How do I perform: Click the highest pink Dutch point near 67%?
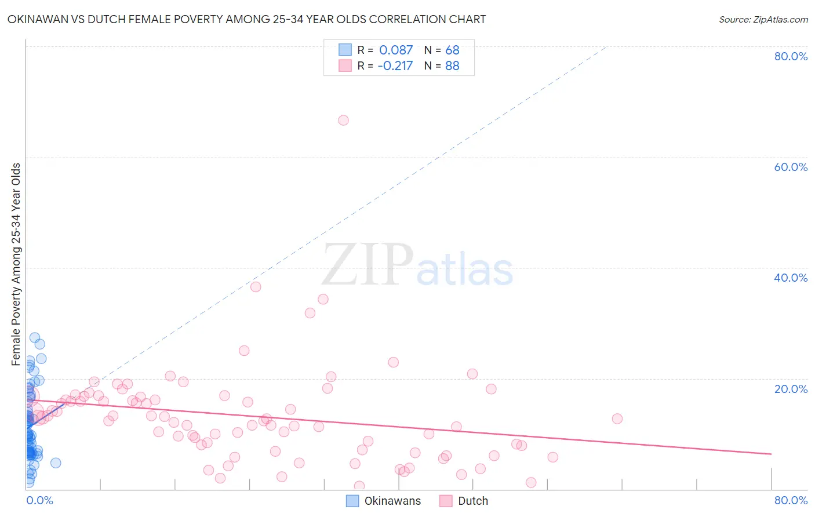click(343, 121)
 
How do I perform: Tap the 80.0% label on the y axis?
click(791, 56)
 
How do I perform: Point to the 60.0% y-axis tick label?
click(791, 167)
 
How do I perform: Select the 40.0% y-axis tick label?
click(791, 278)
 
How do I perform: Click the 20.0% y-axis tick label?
click(791, 389)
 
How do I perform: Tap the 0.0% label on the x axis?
click(39, 500)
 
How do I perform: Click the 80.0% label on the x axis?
click(791, 500)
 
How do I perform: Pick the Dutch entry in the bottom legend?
click(473, 501)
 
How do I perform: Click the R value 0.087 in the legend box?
click(396, 50)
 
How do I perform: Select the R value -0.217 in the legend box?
click(395, 66)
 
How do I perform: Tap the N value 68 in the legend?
click(452, 50)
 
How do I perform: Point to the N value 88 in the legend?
click(452, 66)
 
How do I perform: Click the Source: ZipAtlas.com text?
click(763, 20)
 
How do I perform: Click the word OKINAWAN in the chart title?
click(35, 20)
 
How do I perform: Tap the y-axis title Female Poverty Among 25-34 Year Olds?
click(16, 264)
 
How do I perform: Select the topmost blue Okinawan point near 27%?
click(35, 337)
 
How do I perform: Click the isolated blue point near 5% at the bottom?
click(56, 463)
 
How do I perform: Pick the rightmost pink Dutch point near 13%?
click(617, 418)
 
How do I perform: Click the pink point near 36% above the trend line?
click(256, 287)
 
